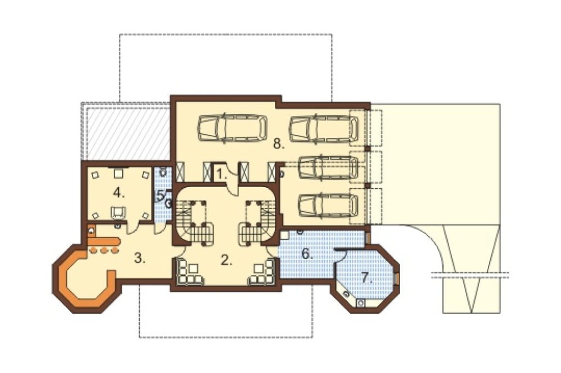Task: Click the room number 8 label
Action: point(278,144)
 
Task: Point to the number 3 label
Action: point(140,258)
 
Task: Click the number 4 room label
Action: point(118,194)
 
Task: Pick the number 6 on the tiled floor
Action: point(307,253)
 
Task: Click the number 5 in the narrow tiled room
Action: point(161,195)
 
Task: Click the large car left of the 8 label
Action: point(233,128)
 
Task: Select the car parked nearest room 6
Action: point(328,206)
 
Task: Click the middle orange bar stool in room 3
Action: point(104,250)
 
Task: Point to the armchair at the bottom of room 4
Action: point(118,212)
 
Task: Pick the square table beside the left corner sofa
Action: point(194,268)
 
